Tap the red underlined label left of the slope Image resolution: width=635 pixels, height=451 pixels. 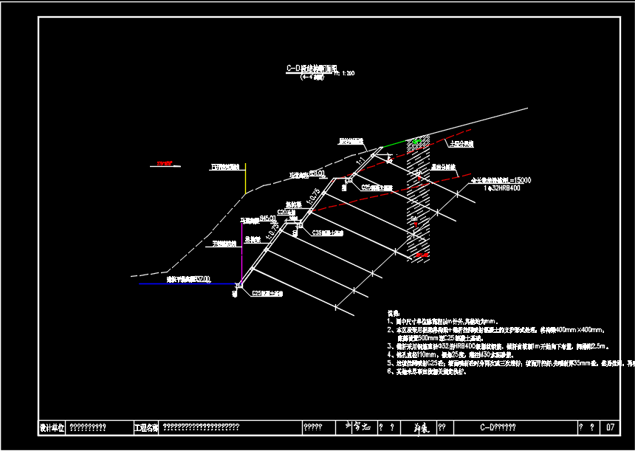click(x=164, y=163)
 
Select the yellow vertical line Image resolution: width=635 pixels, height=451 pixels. click(x=246, y=178)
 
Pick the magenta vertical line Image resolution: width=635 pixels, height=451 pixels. click(x=242, y=251)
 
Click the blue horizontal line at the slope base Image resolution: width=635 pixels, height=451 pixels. click(x=185, y=283)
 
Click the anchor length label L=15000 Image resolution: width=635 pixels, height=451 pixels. click(x=520, y=180)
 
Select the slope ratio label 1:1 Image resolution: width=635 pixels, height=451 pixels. click(x=360, y=159)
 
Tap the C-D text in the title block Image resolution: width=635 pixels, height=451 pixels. click(x=487, y=427)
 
